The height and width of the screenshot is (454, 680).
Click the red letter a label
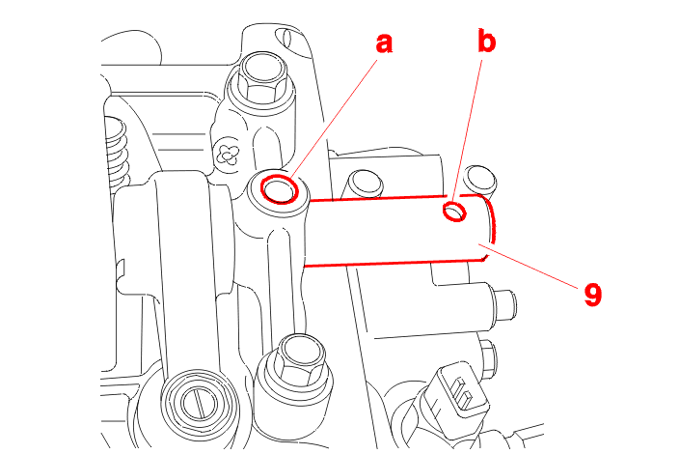point(384,43)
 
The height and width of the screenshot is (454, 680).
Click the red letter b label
point(486,42)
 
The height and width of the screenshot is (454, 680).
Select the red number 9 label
point(593,295)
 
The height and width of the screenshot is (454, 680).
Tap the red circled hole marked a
point(280,189)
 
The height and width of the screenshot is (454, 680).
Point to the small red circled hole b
point(454,212)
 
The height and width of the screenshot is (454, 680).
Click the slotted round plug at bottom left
point(199,402)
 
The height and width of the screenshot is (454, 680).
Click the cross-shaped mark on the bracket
point(229,155)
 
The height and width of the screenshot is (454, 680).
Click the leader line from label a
point(334,119)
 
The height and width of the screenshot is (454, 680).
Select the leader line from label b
point(468,131)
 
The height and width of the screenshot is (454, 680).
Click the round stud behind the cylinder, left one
point(365,184)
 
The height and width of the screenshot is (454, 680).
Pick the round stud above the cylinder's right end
point(479,179)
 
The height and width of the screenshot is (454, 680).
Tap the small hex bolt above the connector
point(489,356)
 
